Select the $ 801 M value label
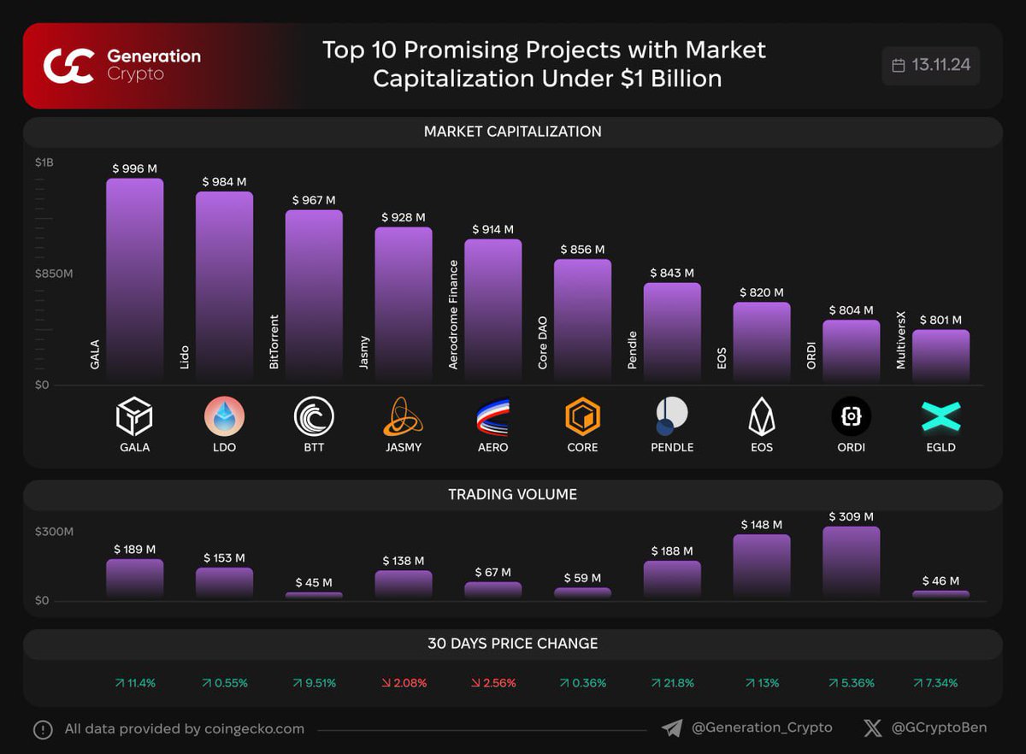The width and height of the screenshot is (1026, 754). point(940,320)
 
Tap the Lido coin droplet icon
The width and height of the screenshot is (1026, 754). point(224,417)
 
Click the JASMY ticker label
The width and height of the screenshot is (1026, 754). point(403,447)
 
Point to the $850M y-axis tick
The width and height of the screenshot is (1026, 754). point(54,274)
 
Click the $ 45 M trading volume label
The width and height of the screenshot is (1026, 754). point(314,582)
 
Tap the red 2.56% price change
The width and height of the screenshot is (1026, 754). point(492,683)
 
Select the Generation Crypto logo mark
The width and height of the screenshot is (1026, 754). point(68,66)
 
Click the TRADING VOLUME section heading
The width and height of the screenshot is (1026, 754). point(512,494)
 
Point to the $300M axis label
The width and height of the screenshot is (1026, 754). point(54,531)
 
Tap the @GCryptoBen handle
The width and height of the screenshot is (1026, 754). point(938,727)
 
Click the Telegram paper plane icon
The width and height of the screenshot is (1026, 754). point(672,727)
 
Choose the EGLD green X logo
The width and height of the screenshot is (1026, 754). point(940,417)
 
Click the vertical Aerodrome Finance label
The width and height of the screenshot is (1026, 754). point(454,315)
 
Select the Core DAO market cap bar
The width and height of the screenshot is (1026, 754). point(582,321)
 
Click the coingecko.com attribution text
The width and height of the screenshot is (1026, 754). point(185,729)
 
